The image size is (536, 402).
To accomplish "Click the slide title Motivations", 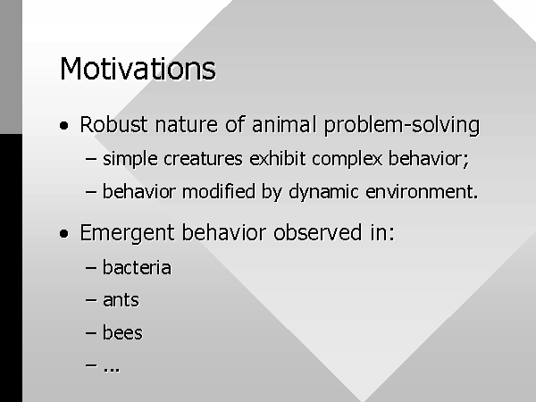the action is point(138,69).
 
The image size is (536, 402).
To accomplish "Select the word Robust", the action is point(113,124).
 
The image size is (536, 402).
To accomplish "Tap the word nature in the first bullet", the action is point(187,125).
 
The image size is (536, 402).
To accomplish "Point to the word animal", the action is point(284,124).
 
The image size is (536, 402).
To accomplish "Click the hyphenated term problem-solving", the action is point(402,125).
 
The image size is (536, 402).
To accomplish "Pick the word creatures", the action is point(203,159).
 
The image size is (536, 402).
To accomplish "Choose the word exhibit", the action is point(278,159).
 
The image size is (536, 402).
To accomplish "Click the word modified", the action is point(219,191).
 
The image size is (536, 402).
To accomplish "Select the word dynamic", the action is point(323,192).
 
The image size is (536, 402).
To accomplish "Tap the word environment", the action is point(422,192).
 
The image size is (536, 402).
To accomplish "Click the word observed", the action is point(317,232).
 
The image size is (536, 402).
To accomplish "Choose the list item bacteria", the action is point(137,267).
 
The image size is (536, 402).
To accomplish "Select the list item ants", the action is point(121,300).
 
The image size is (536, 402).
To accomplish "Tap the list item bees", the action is point(122,332).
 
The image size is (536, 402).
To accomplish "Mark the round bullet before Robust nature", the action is point(64,125).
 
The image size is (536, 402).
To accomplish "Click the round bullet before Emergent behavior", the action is point(64,234).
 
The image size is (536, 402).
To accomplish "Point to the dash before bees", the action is point(91,332).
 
